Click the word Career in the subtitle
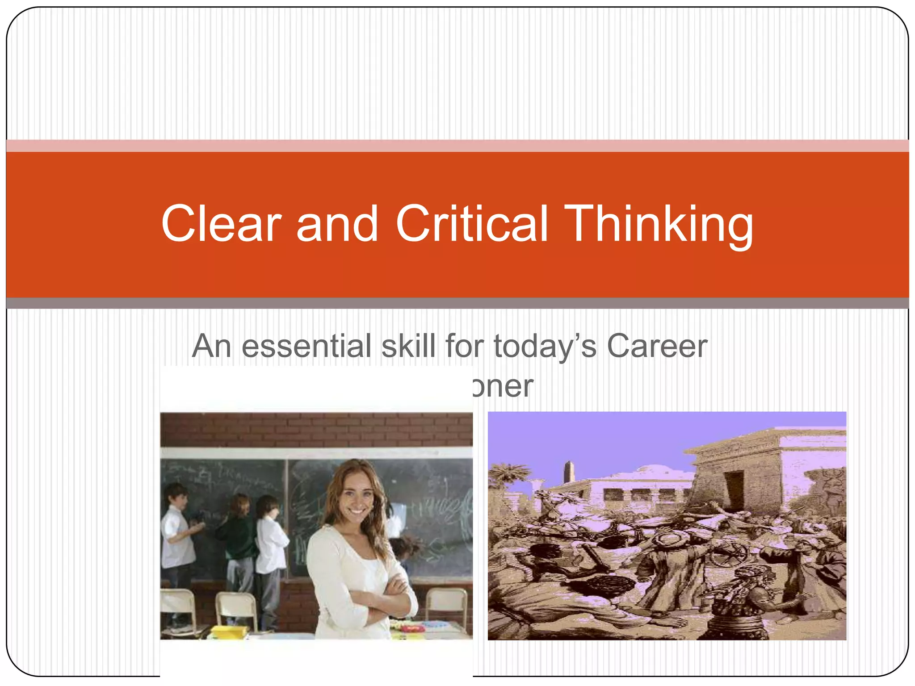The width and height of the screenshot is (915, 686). pyautogui.click(x=657, y=346)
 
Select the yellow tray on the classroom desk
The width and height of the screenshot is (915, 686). pyautogui.click(x=228, y=631)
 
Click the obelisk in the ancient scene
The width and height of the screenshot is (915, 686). pyautogui.click(x=568, y=473)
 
